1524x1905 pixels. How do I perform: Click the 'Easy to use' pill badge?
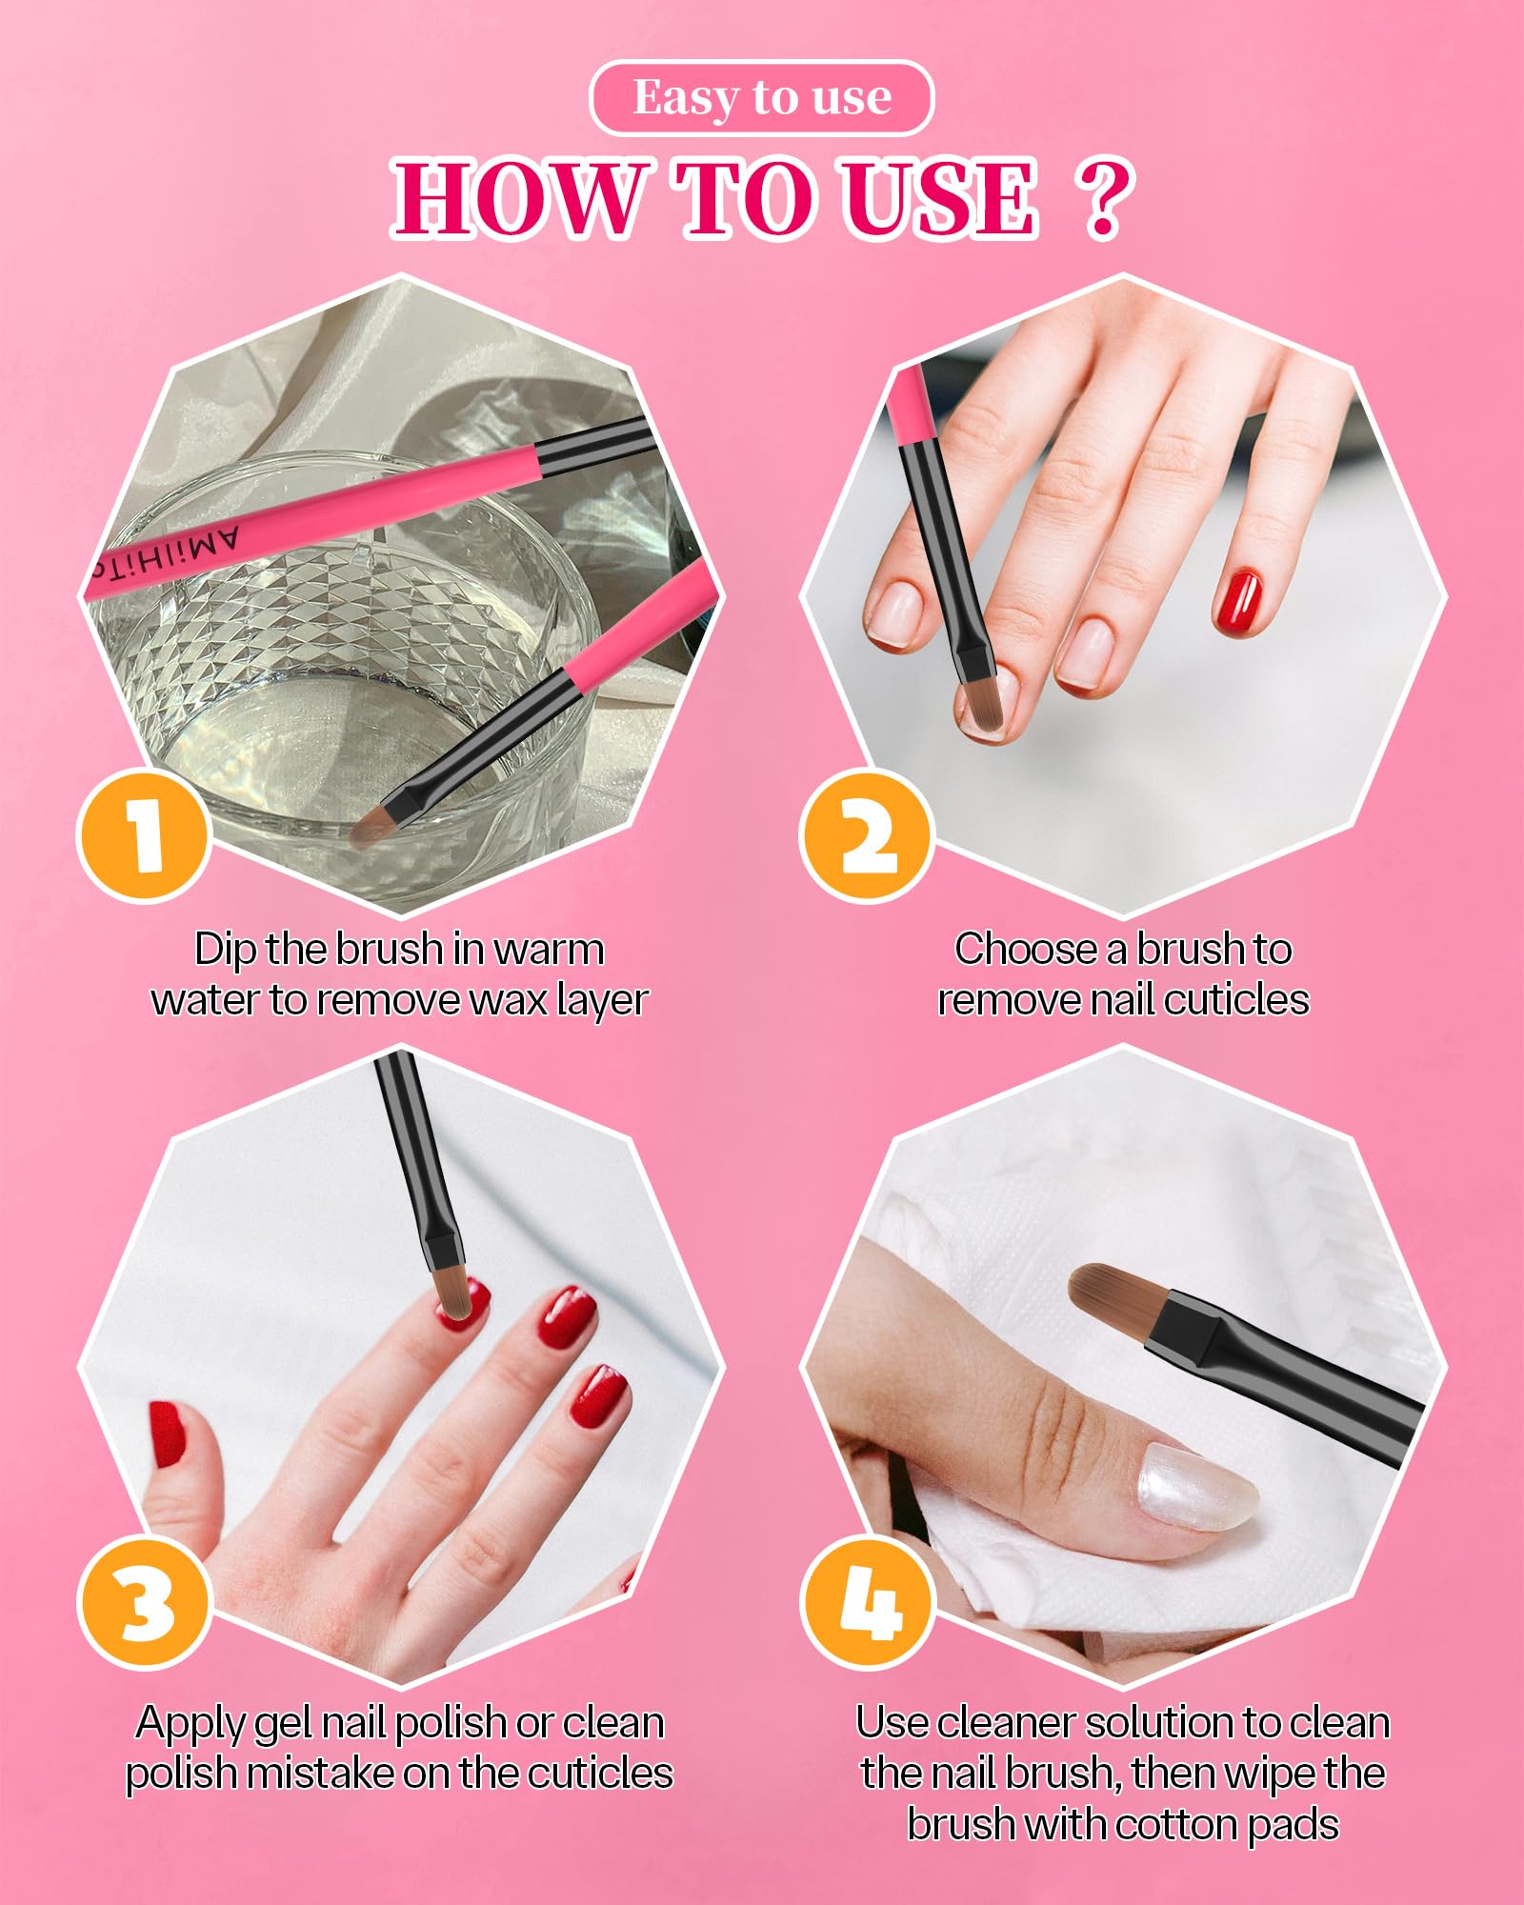point(762,98)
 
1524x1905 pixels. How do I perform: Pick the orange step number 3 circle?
point(144,1605)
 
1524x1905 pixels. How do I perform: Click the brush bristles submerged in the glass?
point(373,827)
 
